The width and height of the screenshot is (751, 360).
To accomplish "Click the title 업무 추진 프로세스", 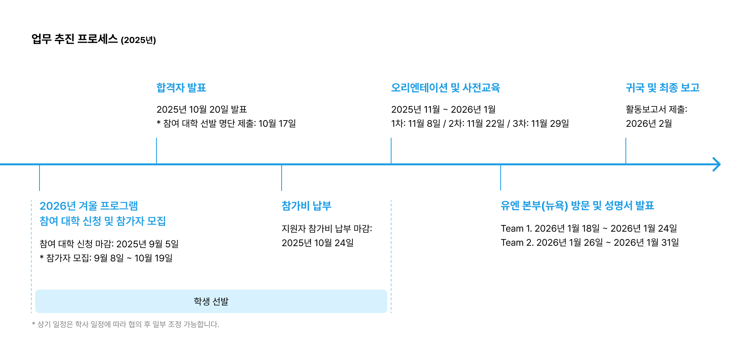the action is point(74,39).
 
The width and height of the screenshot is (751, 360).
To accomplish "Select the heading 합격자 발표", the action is point(181,88).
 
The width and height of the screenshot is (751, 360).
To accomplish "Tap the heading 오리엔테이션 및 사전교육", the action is point(446,88).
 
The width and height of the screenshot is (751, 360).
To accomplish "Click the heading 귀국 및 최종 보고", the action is point(662,88).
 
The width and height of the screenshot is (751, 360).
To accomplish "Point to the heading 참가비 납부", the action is point(306,206).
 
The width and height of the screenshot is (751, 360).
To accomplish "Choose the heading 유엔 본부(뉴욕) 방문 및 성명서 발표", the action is point(577,206).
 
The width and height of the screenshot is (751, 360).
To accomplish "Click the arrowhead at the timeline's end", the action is point(717,164).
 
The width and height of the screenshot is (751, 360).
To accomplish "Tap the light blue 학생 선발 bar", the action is point(211,301).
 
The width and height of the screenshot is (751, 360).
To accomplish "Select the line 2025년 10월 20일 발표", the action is point(201,110).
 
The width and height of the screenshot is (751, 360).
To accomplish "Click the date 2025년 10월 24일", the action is point(318,243).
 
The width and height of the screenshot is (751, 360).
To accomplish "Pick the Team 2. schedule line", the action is point(589,243).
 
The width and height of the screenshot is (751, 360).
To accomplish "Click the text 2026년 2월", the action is point(649,124).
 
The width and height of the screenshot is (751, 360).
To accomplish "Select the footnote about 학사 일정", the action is point(125,324).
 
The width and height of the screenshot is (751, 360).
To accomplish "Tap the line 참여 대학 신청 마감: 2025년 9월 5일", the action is point(109,244).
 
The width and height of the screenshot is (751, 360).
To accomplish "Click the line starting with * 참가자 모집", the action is point(106,258).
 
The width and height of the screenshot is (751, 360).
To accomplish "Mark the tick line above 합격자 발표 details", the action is point(156,151).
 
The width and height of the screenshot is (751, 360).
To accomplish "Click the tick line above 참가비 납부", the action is point(282,178).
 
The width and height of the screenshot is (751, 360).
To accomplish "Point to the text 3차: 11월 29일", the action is point(541,124).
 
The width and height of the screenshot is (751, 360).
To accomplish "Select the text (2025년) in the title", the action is point(138,40).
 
